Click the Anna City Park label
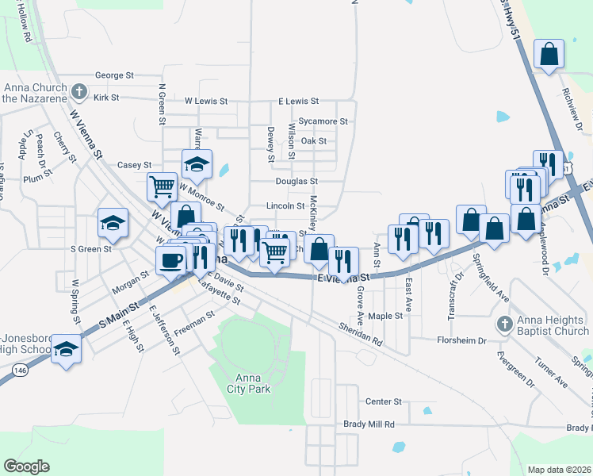coord(253,383)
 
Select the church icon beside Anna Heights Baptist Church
coord(505,324)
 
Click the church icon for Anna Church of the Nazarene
coord(78,92)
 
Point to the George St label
coord(114,75)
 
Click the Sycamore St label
coord(323,121)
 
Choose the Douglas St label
coord(296,182)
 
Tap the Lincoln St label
coord(285,205)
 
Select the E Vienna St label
coord(344,278)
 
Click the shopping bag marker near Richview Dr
coord(549,56)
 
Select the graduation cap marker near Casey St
coord(197,164)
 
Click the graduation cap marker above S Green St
coord(113,222)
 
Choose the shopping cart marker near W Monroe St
coord(162,187)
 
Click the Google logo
coord(26,466)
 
